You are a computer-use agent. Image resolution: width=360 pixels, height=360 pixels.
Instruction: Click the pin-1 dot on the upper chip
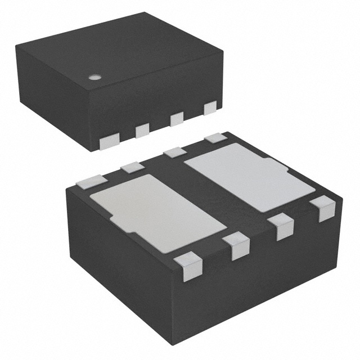[95, 77]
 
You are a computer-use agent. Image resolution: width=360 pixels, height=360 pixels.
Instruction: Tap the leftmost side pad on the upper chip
[107, 143]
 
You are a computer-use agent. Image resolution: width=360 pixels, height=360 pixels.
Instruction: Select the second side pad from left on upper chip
[142, 130]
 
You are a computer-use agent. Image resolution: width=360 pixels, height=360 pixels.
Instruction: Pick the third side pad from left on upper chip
[177, 119]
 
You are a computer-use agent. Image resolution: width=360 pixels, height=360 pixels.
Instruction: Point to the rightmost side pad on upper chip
[210, 107]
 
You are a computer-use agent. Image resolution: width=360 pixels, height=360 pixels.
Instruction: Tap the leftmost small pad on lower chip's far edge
[92, 180]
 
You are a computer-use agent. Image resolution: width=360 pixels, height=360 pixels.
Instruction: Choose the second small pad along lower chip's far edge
[133, 166]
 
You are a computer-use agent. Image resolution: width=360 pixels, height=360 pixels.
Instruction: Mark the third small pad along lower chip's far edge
[175, 151]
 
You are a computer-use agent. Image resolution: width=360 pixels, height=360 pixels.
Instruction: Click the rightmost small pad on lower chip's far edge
[215, 137]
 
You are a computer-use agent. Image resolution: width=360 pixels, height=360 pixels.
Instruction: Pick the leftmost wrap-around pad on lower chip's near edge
[188, 266]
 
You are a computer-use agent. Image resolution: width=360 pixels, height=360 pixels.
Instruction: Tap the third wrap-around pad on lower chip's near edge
[281, 227]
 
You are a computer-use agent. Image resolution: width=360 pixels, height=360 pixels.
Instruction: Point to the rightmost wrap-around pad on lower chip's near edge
[323, 209]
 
